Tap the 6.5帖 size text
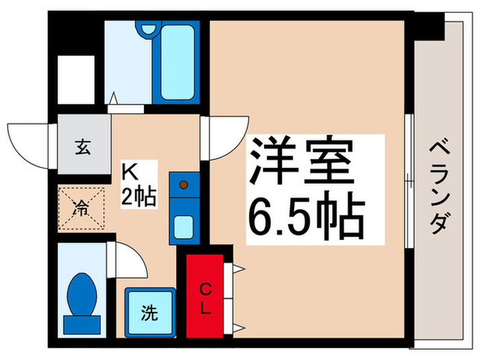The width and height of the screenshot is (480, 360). (x=304, y=215)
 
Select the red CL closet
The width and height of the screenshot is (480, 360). (x=204, y=296)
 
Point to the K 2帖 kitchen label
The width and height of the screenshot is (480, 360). (x=139, y=184)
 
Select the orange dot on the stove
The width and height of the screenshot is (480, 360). (x=183, y=184)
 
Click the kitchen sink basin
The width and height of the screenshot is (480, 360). (x=183, y=225)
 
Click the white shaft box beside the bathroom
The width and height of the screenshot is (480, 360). (x=75, y=78)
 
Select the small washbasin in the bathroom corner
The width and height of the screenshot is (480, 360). (x=147, y=30)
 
